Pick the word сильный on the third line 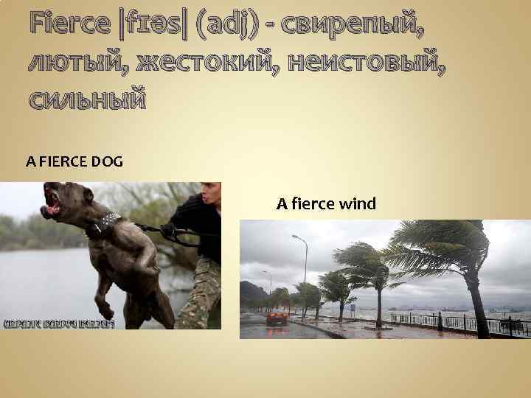pyautogui.click(x=87, y=97)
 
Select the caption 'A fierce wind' pyautogui.click(x=326, y=203)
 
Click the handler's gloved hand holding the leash pyautogui.click(x=168, y=230)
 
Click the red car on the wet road pyautogui.click(x=277, y=318)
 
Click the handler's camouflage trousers pyautogui.click(x=199, y=295)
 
